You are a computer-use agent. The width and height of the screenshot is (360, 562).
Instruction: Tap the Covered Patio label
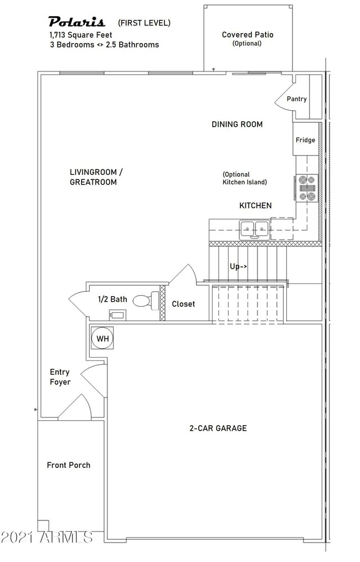coord(248,35)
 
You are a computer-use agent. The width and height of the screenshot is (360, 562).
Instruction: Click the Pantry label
coord(296,99)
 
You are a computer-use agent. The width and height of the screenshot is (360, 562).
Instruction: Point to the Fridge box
coord(305,140)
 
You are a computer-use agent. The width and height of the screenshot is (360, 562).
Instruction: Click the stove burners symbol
coord(306,188)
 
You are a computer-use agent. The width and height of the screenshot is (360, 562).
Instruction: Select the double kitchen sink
coord(254,228)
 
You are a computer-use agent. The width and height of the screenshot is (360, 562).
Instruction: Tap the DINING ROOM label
coord(237,125)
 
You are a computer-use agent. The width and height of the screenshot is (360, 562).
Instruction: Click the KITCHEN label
coord(255,205)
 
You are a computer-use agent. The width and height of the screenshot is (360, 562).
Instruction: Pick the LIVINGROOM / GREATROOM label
coord(93,177)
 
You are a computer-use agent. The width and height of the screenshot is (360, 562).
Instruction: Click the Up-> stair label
coord(238,266)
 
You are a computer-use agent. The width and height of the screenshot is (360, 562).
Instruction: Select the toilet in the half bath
coord(143,301)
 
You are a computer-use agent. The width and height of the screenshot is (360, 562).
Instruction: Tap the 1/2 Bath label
coord(112,300)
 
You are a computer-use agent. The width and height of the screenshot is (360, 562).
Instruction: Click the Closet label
coord(183,304)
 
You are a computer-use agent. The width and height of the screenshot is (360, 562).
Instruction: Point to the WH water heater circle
coord(102,338)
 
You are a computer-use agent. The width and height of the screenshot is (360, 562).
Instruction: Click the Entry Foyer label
coord(60,377)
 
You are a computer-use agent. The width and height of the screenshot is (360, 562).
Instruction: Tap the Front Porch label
coord(68,465)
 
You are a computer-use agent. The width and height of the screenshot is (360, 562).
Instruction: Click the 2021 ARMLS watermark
coord(47,537)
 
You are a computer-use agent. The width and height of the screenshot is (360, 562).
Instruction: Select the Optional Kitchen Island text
coord(245,178)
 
